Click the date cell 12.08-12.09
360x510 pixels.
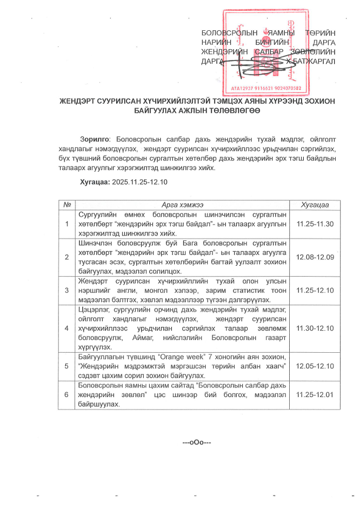[315, 257]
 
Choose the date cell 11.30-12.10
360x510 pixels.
[315, 328]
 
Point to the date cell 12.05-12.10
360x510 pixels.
[315, 366]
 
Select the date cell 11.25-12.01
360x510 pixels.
[315, 394]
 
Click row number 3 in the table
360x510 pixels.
[67, 290]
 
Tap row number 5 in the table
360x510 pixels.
[67, 366]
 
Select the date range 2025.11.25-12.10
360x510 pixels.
[139, 182]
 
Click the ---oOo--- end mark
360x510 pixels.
[197, 442]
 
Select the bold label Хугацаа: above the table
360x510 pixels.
[95, 182]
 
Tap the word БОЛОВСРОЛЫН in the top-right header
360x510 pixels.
[224, 33]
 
